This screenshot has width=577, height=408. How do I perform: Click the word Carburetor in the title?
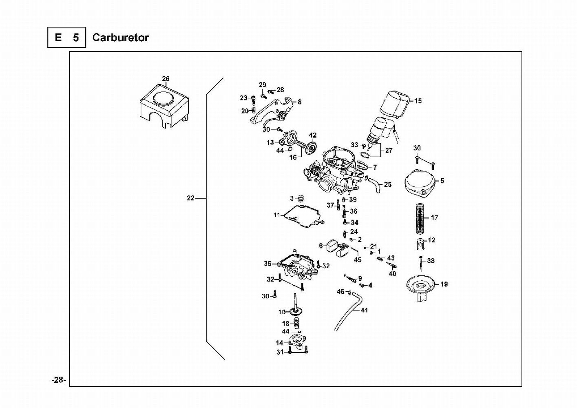(x=120, y=38)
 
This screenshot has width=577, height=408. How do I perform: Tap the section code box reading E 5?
(x=66, y=38)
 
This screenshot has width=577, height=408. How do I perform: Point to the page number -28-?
(x=59, y=380)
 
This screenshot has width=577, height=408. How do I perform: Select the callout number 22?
(x=190, y=198)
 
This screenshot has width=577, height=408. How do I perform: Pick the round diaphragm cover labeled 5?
(x=419, y=183)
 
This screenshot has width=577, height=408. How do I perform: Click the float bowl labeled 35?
(x=296, y=265)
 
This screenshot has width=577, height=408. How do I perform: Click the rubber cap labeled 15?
(x=395, y=102)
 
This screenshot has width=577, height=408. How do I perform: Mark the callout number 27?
(x=389, y=151)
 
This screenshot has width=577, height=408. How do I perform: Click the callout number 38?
(x=431, y=261)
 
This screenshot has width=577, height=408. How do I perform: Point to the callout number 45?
(x=358, y=259)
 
